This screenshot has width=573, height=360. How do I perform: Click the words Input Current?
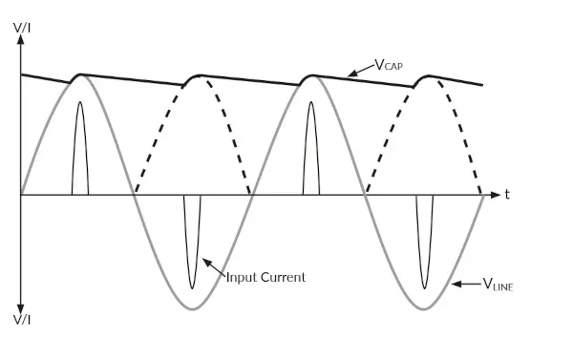click(265, 277)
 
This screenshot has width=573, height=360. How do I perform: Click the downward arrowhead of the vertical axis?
click(21, 299)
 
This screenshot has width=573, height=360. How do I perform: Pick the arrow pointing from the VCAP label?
click(360, 70)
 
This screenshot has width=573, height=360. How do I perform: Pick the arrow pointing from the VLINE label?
click(462, 284)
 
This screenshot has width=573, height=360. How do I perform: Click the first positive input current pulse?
click(80, 143)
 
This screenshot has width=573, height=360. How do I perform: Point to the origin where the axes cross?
click(21, 195)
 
